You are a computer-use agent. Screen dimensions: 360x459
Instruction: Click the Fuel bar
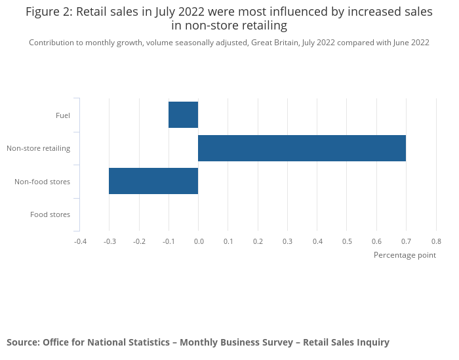pyautogui.click(x=183, y=115)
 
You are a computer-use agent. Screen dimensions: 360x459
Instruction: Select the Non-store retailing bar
pyautogui.click(x=302, y=148)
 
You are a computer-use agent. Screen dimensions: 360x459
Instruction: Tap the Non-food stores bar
pyautogui.click(x=153, y=181)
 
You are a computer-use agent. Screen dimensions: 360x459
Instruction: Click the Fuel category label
pyautogui.click(x=63, y=116)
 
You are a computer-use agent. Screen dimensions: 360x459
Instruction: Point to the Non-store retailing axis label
pyautogui.click(x=38, y=148)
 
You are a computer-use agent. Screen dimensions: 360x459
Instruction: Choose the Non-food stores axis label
pyautogui.click(x=42, y=182)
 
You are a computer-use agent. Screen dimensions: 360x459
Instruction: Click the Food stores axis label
pyautogui.click(x=50, y=214)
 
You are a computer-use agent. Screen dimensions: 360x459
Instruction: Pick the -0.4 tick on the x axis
pyautogui.click(x=80, y=241)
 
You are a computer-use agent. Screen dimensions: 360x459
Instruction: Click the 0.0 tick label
pyautogui.click(x=198, y=241)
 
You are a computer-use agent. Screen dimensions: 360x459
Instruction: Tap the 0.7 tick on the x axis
pyautogui.click(x=406, y=241)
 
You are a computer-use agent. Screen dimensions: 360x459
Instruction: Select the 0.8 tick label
pyautogui.click(x=435, y=241)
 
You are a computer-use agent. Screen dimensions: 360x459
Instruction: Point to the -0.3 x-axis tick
pyautogui.click(x=110, y=241)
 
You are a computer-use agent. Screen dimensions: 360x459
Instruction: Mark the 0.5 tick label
pyautogui.click(x=347, y=241)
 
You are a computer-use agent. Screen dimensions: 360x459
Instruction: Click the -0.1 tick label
pyautogui.click(x=169, y=241)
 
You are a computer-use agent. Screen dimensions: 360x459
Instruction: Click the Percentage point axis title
pyautogui.click(x=404, y=255)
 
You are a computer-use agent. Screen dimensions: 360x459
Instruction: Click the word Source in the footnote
pyautogui.click(x=22, y=342)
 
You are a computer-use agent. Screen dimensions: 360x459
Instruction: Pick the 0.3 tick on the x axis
pyautogui.click(x=287, y=241)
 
